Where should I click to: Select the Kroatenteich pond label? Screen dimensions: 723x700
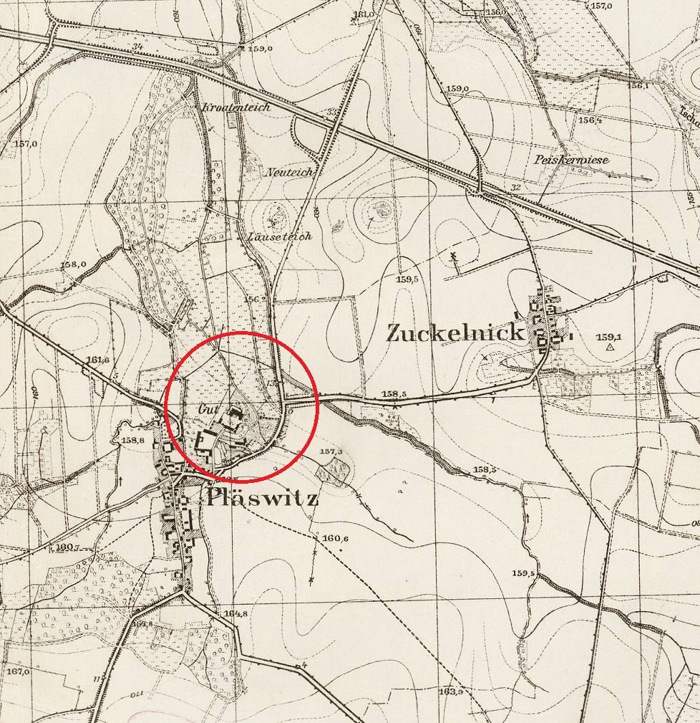click(236, 107)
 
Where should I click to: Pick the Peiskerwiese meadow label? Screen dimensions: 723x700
click(571, 160)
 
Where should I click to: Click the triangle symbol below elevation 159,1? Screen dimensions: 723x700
click(609, 347)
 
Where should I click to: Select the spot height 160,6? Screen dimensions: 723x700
click(335, 539)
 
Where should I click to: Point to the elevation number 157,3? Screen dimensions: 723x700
click(331, 452)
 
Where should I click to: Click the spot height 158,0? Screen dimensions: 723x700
click(73, 264)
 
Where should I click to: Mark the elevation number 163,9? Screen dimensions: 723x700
click(451, 691)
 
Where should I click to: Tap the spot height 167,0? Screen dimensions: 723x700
click(18, 671)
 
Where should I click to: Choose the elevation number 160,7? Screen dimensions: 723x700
click(64, 547)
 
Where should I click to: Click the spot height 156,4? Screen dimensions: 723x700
click(590, 120)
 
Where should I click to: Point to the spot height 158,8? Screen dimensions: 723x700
click(133, 440)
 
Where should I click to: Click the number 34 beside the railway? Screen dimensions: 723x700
click(136, 48)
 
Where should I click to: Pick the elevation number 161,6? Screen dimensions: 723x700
click(97, 360)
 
